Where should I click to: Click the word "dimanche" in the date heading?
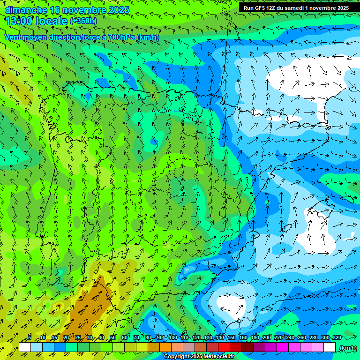coord(26,10)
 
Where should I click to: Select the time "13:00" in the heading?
coord(18,21)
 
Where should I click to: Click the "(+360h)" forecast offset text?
coord(83,21)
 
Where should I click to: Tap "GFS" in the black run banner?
coord(259,8)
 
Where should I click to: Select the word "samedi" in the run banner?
coord(295,8)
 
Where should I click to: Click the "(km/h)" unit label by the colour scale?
coord(347,347)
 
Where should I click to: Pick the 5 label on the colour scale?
coord(30,338)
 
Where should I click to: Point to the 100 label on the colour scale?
coord(173,338)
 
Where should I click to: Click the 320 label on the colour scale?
coord(337,338)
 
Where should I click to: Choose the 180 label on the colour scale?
coord(255,338)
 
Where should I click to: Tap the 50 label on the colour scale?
coord(112,338)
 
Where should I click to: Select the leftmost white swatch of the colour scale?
coord(25,347)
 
